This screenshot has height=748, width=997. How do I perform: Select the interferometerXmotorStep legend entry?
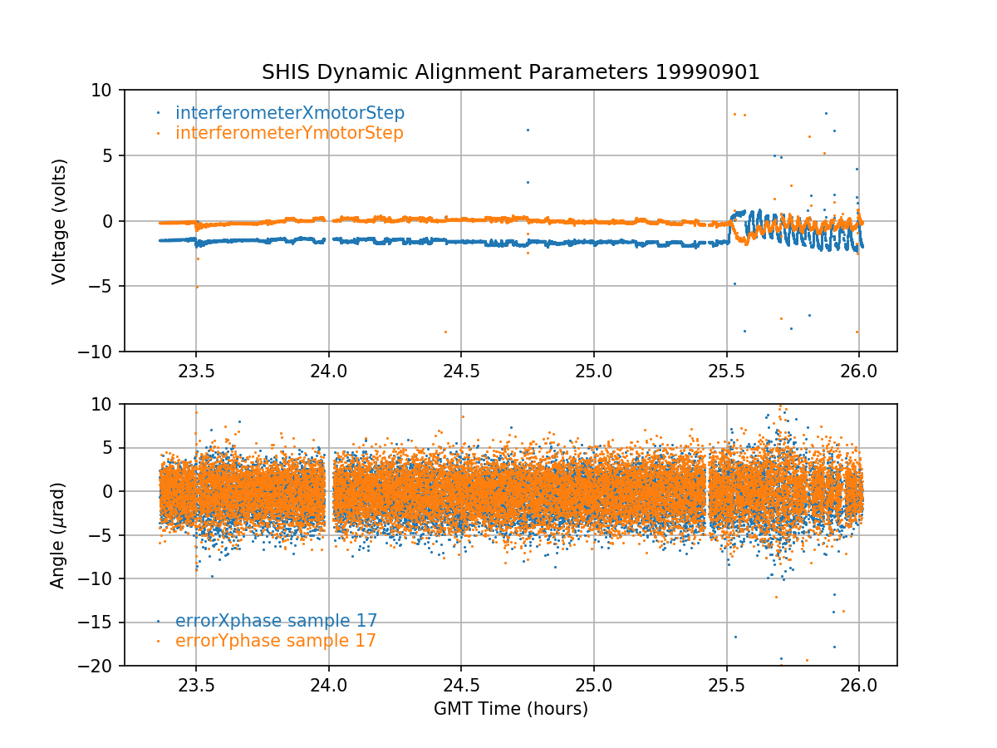click(290, 113)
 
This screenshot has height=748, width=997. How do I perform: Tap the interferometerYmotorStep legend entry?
click(289, 133)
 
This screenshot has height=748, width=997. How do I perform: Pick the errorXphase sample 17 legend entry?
click(276, 621)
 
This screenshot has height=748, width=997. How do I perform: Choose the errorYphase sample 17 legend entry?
click(276, 641)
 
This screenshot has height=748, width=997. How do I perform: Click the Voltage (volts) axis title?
click(59, 221)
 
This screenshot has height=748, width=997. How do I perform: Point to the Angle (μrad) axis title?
click(58, 535)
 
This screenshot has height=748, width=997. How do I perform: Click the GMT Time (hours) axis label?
click(511, 709)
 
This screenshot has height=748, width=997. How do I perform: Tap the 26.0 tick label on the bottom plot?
click(858, 683)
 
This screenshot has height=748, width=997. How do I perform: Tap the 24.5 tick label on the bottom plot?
click(461, 683)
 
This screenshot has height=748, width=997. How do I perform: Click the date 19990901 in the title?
click(708, 72)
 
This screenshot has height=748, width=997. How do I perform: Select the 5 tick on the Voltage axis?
click(111, 155)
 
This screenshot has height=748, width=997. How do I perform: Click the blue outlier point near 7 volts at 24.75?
click(527, 130)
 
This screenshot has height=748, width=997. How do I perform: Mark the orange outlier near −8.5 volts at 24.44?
click(445, 332)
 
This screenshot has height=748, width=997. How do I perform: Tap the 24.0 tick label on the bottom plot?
click(329, 683)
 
